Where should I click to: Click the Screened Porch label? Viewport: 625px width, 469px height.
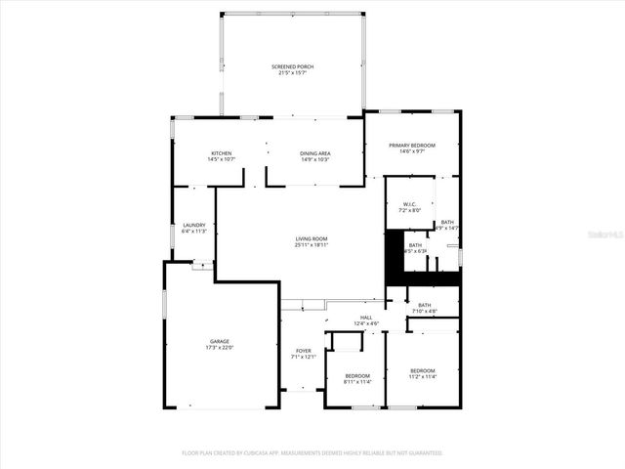pyautogui.click(x=293, y=66)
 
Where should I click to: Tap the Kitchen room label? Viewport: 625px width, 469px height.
pyautogui.click(x=222, y=153)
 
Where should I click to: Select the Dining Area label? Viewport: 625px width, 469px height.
pyautogui.click(x=315, y=153)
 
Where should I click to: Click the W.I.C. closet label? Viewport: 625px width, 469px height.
pyautogui.click(x=409, y=204)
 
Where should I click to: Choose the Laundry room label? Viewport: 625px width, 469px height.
pyautogui.click(x=194, y=225)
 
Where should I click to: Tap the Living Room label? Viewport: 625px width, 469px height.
pyautogui.click(x=312, y=238)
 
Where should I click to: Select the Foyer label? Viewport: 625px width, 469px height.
pyautogui.click(x=304, y=351)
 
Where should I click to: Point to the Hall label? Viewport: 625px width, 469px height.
pyautogui.click(x=366, y=317)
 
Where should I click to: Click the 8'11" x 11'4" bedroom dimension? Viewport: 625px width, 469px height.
pyautogui.click(x=357, y=381)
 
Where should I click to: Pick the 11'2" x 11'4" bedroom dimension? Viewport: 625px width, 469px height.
pyautogui.click(x=423, y=376)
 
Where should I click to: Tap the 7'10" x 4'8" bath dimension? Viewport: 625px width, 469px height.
pyautogui.click(x=425, y=311)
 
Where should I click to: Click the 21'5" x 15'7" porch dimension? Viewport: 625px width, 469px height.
pyautogui.click(x=293, y=72)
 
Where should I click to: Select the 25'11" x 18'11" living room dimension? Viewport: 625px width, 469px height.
pyautogui.click(x=312, y=244)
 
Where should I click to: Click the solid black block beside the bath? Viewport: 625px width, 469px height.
pyautogui.click(x=396, y=258)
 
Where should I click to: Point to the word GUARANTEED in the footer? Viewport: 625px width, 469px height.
pyautogui.click(x=424, y=453)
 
